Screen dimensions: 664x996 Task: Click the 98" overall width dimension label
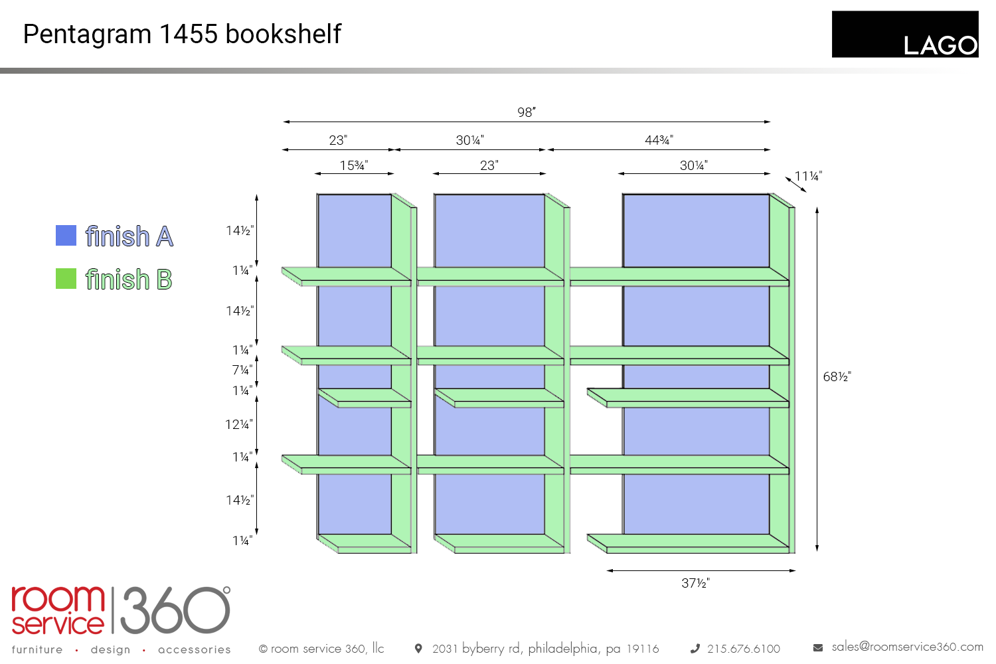pos(526,112)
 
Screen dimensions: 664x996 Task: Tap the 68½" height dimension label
pos(837,377)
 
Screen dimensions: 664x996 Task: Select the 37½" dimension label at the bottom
pos(695,583)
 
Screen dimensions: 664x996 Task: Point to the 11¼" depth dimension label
pos(808,176)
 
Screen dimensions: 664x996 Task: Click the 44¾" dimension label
pos(659,140)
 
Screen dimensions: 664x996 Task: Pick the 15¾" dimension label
pos(354,165)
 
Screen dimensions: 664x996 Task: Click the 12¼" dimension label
pos(239,424)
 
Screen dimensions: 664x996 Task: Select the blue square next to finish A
pos(66,236)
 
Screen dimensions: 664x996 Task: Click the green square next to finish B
pos(66,279)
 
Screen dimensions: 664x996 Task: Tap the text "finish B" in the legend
pos(129,280)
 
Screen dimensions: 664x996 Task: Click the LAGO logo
pos(905,35)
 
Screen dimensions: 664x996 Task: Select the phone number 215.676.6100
pos(743,649)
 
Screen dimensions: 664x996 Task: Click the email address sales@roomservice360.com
pos(907,647)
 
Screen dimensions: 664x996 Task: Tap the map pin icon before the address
pos(418,648)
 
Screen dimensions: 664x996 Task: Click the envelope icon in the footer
pos(818,647)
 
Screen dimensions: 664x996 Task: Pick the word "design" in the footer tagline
pos(110,649)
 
